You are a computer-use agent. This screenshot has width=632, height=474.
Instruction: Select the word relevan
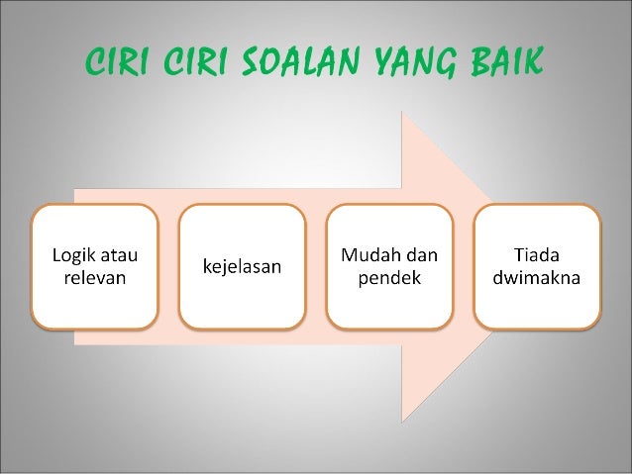pos(95,278)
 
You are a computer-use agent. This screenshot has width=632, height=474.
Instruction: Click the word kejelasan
pos(242,266)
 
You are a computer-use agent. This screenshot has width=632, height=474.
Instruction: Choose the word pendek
pos(389,278)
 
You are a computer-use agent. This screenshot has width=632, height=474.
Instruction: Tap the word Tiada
pos(537,254)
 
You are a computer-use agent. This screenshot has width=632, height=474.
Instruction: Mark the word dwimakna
pos(537,278)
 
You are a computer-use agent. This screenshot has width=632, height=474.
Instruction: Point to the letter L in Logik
pos(56,253)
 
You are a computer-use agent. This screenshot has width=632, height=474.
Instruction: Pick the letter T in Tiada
pos(518,253)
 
